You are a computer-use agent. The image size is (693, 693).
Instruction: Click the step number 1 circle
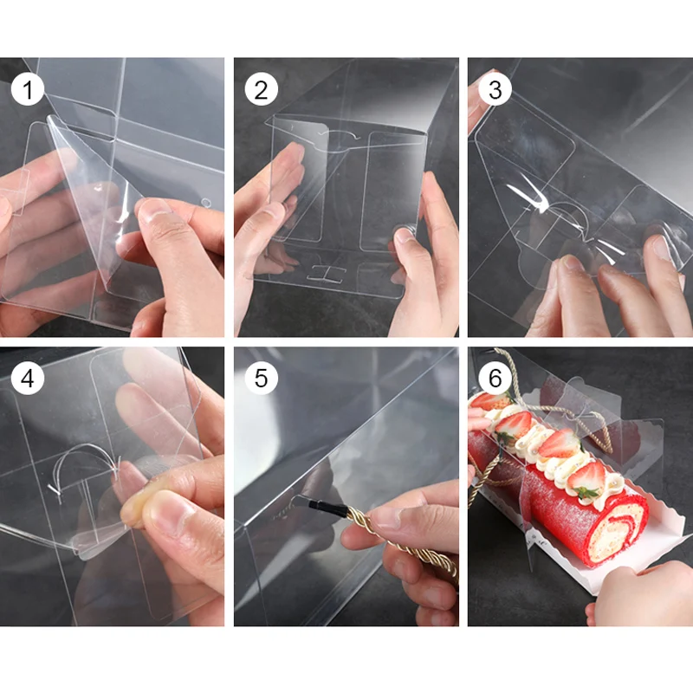pos(28,89)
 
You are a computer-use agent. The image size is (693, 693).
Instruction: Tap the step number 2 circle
pos(262,89)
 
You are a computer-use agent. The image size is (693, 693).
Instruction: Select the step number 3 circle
pos(495,89)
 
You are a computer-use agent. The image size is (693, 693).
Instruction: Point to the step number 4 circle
pos(28,378)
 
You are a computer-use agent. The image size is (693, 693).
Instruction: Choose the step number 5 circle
pos(262,378)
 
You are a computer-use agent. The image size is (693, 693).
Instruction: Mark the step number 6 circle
pos(495,378)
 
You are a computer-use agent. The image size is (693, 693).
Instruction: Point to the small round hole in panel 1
pos(206,203)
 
